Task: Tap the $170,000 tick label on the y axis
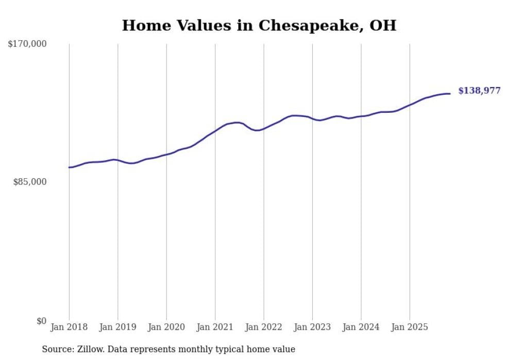[x=27, y=44]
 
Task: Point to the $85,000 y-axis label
[x=29, y=182]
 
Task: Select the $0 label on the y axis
[x=41, y=321]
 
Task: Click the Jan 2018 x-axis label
[x=69, y=327]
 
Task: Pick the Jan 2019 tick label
[x=117, y=327]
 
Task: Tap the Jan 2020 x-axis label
[x=166, y=327]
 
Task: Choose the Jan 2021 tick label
[x=215, y=327]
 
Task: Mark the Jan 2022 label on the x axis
[x=264, y=327]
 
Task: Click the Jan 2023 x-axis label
[x=312, y=327]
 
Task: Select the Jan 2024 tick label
[x=361, y=327]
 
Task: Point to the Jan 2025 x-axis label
[x=410, y=327]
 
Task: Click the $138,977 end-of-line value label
[x=479, y=91]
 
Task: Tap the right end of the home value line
[x=450, y=94]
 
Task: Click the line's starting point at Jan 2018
[x=69, y=167]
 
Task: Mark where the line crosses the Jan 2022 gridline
[x=264, y=128]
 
